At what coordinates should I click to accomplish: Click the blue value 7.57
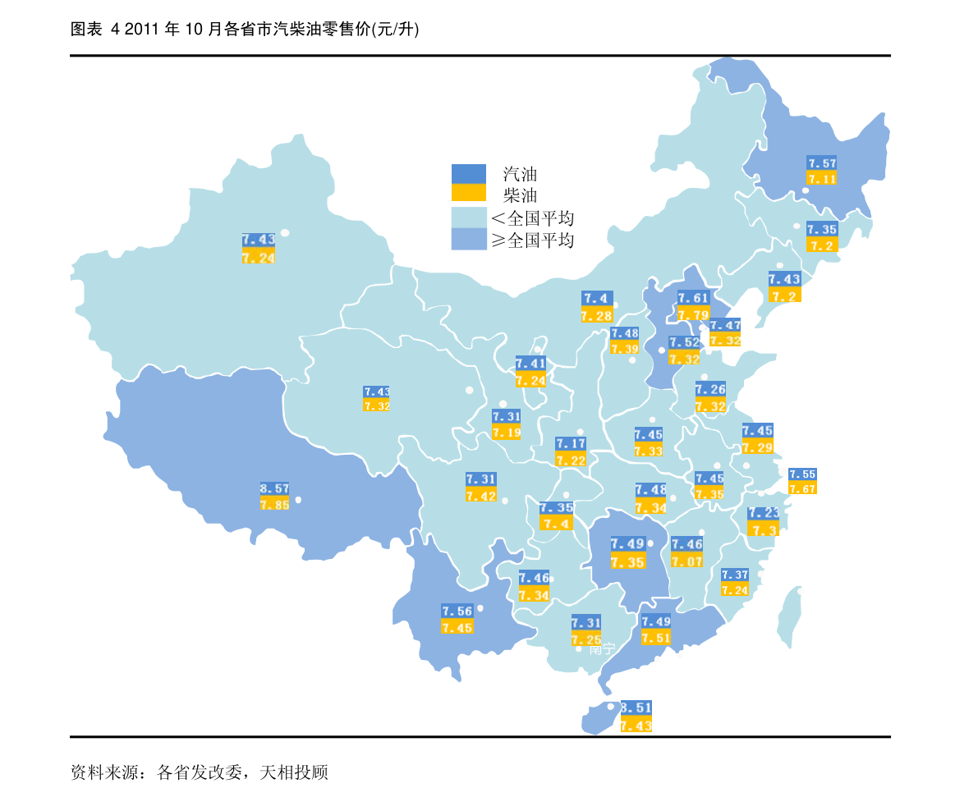822,163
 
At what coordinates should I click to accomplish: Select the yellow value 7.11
822,179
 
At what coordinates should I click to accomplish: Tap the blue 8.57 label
274,488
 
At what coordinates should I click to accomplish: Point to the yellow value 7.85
274,505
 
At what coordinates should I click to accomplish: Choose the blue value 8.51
636,708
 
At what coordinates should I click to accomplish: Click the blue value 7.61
693,298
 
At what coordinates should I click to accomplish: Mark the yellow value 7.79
693,314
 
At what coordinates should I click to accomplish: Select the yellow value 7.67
802,488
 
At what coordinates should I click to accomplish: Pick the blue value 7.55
802,474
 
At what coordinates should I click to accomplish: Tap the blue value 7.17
571,444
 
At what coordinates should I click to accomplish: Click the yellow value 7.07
686,561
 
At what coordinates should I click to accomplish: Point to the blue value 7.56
457,611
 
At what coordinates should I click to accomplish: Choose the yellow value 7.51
656,638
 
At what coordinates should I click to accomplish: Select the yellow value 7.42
481,496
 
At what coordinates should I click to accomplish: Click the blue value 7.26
710,390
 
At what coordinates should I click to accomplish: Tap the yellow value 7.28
596,316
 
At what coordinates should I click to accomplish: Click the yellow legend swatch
469,193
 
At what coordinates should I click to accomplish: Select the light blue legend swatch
469,217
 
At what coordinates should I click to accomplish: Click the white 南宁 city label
602,649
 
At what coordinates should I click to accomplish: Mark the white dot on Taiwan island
801,591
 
